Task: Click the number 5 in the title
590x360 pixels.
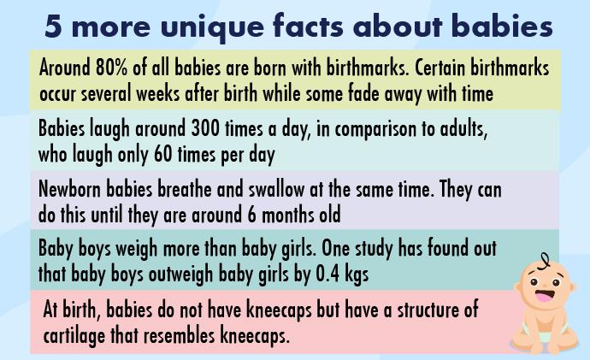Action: click(53, 27)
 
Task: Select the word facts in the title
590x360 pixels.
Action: click(308, 26)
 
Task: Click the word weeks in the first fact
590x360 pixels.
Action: click(158, 93)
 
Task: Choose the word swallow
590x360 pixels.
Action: click(276, 189)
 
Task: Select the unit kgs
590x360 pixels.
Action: click(357, 275)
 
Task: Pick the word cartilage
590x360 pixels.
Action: click(74, 336)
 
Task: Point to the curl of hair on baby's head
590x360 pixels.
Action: click(543, 261)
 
